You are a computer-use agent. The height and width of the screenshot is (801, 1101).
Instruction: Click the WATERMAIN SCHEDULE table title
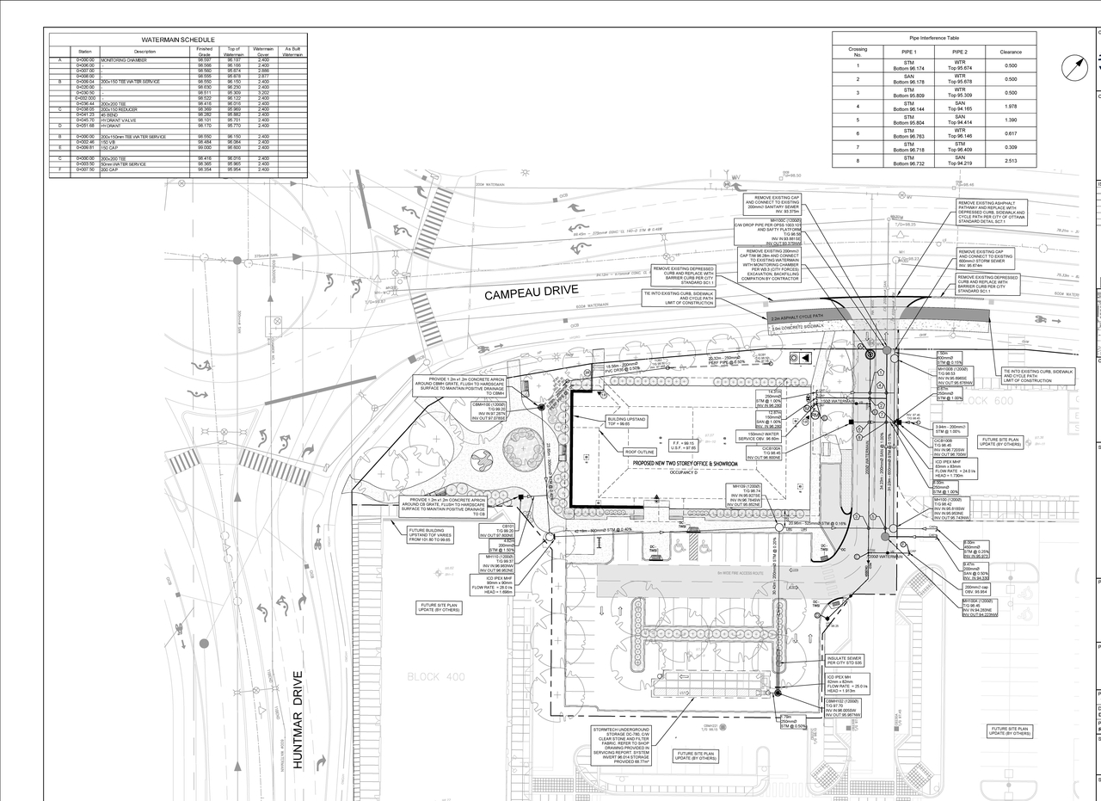(178, 40)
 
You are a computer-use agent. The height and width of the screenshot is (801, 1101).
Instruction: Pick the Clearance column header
(1010, 52)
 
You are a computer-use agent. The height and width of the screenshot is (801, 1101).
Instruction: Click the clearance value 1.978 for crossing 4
(1010, 107)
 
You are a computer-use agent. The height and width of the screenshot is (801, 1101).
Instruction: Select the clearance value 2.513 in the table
(1010, 161)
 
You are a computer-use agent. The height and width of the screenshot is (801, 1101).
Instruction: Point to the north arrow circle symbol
(1075, 68)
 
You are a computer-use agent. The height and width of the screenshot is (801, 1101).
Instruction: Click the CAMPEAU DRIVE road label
(530, 293)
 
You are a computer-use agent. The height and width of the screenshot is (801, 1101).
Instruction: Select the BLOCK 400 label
(435, 677)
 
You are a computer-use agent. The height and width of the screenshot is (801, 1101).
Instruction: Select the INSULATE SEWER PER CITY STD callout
(844, 661)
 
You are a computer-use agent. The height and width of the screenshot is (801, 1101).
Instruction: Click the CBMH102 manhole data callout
(843, 706)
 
